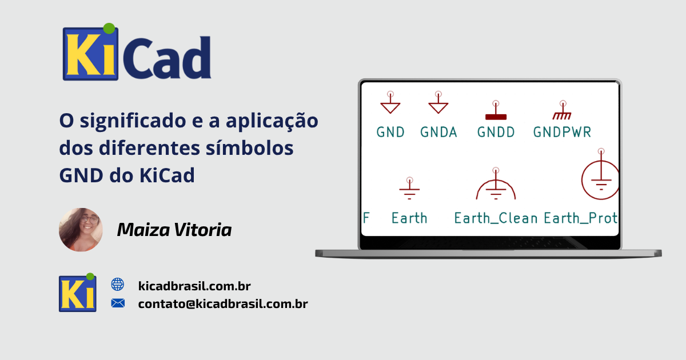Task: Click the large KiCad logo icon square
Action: tap(90, 54)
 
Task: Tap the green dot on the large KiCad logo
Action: tap(109, 28)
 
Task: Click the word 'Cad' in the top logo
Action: tap(167, 57)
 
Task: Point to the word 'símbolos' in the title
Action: tap(250, 147)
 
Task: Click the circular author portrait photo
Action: tap(81, 230)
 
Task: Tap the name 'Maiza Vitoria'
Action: tap(174, 230)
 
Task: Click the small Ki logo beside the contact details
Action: tap(78, 293)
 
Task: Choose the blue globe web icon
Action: tap(118, 285)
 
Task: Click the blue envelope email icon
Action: tap(118, 303)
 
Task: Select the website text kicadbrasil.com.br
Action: tap(194, 286)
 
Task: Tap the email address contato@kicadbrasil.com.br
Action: tap(223, 303)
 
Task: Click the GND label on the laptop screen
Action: tap(390, 132)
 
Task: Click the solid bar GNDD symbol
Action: tap(496, 117)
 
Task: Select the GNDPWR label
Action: tap(563, 132)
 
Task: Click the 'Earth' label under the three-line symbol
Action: tap(409, 218)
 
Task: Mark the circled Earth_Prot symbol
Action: tap(600, 179)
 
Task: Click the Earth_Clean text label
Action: tap(496, 218)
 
